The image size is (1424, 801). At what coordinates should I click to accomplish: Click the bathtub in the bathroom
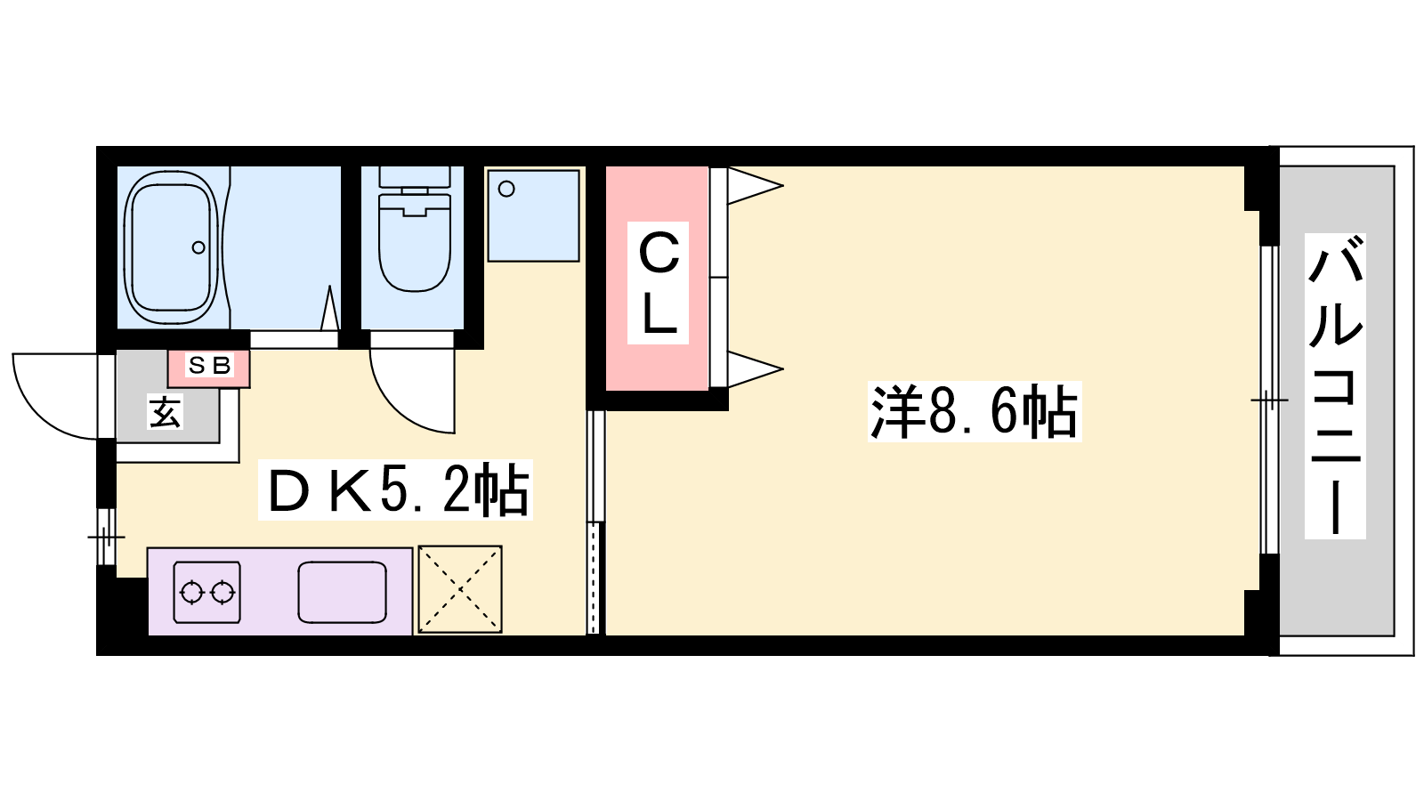pos(171,248)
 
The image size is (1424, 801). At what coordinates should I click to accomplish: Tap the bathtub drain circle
pos(199,247)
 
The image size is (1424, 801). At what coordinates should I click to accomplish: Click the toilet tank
pos(415,176)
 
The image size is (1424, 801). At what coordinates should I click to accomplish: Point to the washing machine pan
pos(533,215)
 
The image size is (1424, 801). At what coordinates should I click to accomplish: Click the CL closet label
pos(658,283)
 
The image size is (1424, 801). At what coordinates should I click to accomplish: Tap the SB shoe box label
pos(209,366)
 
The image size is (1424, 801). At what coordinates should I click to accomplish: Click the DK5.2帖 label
pos(395,490)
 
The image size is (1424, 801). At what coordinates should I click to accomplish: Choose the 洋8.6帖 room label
pos(975,411)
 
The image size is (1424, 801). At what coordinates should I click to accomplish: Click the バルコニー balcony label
pos(1335,386)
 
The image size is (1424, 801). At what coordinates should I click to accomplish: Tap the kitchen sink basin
pos(342,592)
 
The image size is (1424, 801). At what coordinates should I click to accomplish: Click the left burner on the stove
pos(191,593)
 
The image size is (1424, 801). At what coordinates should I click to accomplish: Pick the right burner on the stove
pos(222,593)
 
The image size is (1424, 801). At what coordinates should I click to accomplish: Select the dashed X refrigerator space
pos(459,589)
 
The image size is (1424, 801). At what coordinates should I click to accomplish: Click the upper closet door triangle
pos(755,186)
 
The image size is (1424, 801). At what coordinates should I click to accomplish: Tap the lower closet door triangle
pos(755,368)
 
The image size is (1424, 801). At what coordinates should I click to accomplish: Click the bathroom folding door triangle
pos(329,309)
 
